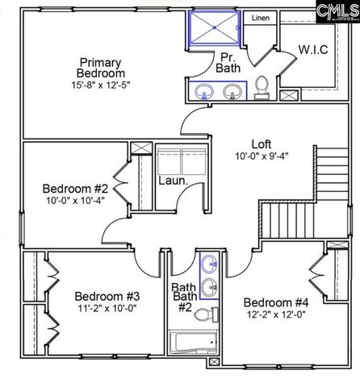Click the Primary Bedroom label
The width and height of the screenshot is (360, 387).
(x=101, y=68)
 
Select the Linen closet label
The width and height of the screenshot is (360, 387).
(x=260, y=18)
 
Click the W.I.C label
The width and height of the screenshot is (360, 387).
(x=313, y=48)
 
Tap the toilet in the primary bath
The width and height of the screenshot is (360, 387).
(x=262, y=85)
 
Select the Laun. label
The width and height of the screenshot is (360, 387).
(x=173, y=181)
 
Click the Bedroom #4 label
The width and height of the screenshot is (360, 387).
(x=276, y=302)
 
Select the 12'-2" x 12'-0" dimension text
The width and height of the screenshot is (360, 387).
(x=276, y=316)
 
